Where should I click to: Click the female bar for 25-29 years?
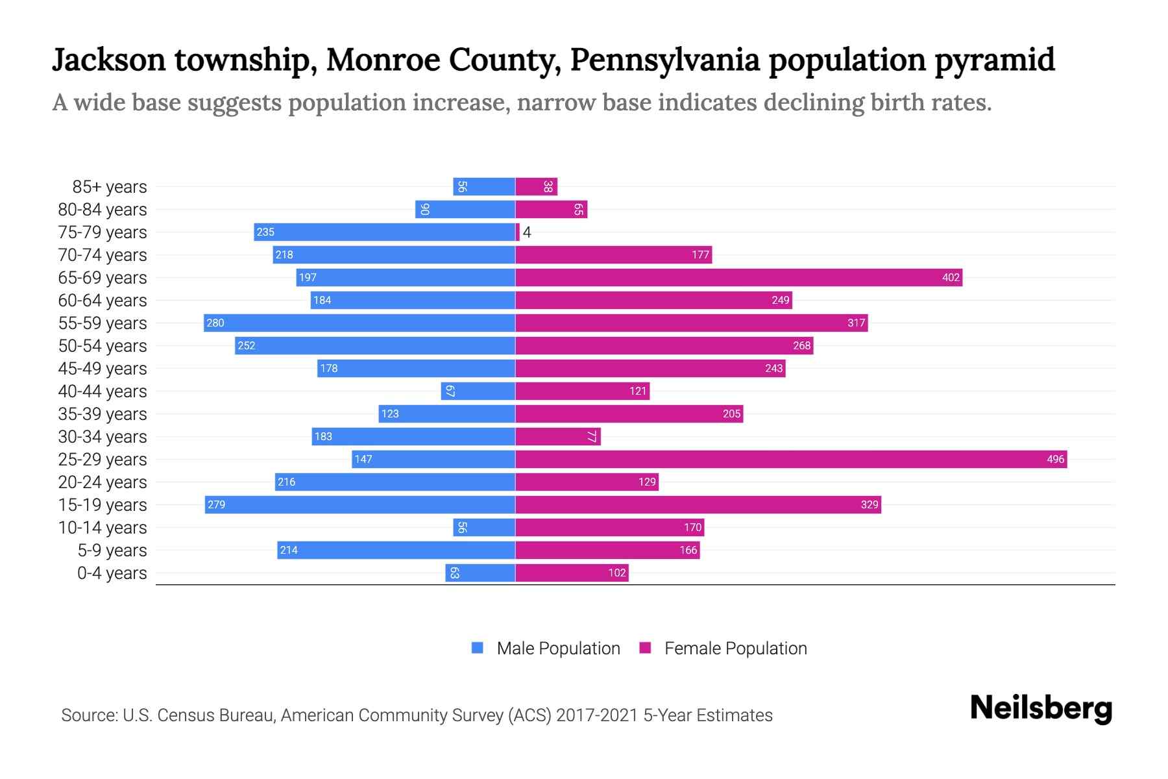tap(791, 460)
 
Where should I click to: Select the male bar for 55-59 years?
tap(359, 323)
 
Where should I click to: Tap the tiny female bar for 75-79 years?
tap(518, 232)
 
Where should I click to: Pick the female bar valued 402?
tap(738, 278)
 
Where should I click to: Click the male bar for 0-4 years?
tap(480, 573)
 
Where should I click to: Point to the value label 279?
tap(216, 505)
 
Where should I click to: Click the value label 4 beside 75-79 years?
tap(527, 232)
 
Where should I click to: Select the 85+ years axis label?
tap(110, 187)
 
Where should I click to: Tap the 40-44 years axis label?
tap(103, 391)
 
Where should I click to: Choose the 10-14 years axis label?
tap(103, 528)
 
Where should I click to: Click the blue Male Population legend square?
tap(478, 648)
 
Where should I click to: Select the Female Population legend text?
tap(735, 649)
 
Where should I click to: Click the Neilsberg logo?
tap(1041, 708)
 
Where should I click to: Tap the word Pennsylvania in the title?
tap(664, 60)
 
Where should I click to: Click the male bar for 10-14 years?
tap(484, 528)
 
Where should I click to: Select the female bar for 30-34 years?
tap(558, 437)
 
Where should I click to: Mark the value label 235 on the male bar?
tap(265, 232)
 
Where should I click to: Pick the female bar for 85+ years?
tap(537, 187)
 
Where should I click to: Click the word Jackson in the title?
tap(109, 60)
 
